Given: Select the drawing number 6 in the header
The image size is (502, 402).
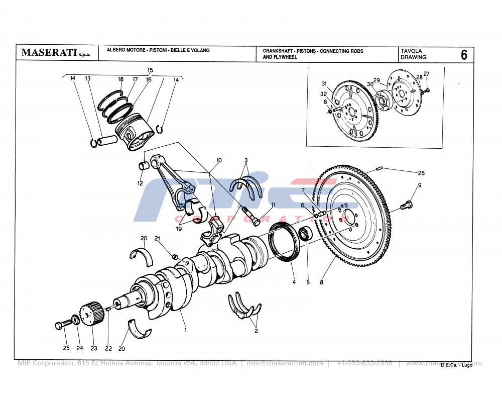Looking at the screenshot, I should click(x=463, y=55).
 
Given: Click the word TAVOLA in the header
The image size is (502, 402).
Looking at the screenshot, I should click(x=411, y=51).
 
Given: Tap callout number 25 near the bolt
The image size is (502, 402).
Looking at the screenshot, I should click(x=66, y=348).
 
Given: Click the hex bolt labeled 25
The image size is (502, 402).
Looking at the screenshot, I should click(x=61, y=326).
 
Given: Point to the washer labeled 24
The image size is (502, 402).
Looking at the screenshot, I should click(x=75, y=320).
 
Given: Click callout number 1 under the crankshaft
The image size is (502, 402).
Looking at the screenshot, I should click(x=185, y=330).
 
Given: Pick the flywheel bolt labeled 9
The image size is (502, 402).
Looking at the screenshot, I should click(x=407, y=205).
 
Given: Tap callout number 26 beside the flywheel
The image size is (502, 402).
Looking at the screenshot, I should click(x=421, y=173).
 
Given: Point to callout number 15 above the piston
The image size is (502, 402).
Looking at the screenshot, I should click(x=150, y=70).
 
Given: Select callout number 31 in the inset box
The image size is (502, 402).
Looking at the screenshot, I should click(x=324, y=83).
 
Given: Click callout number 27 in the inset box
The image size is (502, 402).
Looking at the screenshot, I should click(x=426, y=74).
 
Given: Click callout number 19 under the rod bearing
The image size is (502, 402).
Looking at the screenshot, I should click(x=178, y=229).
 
